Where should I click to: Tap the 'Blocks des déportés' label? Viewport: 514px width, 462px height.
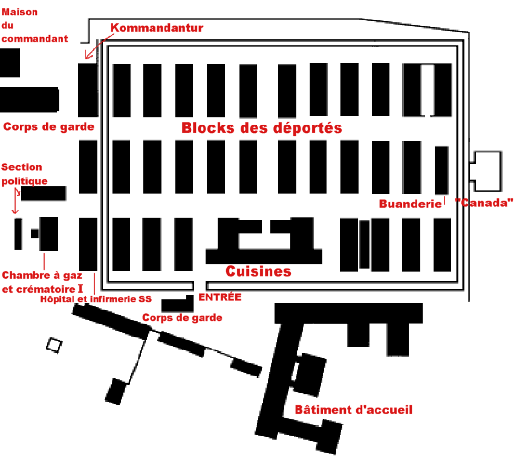(x=262, y=128)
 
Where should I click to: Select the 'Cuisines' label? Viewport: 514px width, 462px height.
(x=258, y=272)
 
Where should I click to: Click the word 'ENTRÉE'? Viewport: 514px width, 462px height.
(x=220, y=297)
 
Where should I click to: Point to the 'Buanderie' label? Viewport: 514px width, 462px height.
(x=410, y=204)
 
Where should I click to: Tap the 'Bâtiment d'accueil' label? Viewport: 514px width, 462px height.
(x=353, y=410)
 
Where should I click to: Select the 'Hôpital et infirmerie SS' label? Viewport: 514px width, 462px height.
(x=96, y=299)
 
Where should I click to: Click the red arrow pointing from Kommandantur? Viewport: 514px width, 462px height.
(x=97, y=48)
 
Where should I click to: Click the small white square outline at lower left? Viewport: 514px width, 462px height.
(x=54, y=345)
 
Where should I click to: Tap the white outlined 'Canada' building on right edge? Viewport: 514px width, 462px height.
(x=487, y=171)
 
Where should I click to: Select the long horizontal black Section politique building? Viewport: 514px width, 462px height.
(x=44, y=194)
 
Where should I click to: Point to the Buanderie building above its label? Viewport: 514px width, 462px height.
(x=441, y=170)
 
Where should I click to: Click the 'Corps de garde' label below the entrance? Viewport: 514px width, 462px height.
(x=182, y=317)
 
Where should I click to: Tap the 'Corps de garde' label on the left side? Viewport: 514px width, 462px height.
(x=48, y=127)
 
